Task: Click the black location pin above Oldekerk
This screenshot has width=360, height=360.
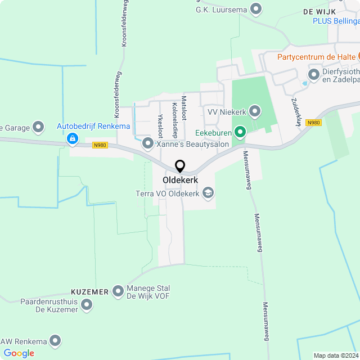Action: [x=180, y=166]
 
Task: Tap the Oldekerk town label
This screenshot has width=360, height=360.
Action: [x=180, y=180]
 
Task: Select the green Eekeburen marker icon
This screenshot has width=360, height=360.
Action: [x=240, y=133]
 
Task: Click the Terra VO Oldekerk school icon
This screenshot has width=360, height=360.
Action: [x=208, y=193]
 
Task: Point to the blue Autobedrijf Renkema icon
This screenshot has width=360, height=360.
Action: [x=72, y=138]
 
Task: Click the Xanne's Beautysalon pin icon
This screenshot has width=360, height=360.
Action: [x=148, y=144]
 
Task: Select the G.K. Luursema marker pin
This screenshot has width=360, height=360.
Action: [x=256, y=9]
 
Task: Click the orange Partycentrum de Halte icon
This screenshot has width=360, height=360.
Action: [x=358, y=57]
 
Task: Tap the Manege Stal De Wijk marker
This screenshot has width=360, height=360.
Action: [x=118, y=291]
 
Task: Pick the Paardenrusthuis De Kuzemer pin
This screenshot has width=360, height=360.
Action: [x=87, y=305]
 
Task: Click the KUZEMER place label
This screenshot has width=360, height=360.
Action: [x=89, y=292]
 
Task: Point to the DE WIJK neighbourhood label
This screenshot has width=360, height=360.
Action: [x=319, y=11]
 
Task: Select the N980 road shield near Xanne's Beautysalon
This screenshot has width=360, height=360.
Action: [x=100, y=145]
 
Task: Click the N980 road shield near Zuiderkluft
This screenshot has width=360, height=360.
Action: [x=313, y=122]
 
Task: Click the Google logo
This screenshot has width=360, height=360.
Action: [x=19, y=353]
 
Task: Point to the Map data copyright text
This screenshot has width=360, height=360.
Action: [x=336, y=355]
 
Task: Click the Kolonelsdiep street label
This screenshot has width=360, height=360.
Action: [x=175, y=119]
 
